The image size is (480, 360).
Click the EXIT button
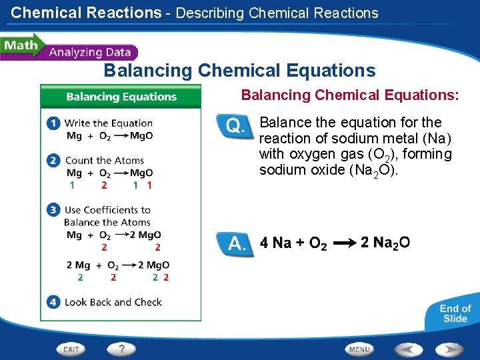click(71, 349)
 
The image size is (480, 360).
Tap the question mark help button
click(121, 349)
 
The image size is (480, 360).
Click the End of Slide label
click(455, 313)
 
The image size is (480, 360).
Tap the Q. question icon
click(235, 126)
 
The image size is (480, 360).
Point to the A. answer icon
click(235, 244)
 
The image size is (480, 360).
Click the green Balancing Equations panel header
click(121, 97)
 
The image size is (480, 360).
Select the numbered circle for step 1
click(53, 123)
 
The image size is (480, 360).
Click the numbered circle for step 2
click(53, 161)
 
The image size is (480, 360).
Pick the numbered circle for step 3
click(53, 210)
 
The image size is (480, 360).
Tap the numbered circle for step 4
click(53, 302)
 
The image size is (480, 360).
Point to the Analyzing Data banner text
click(89, 53)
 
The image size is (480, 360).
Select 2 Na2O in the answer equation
click(385, 243)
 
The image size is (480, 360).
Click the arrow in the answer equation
click(343, 244)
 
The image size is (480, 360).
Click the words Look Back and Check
click(113, 302)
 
